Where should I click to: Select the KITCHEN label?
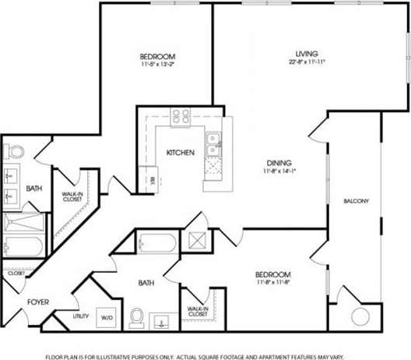[181, 153]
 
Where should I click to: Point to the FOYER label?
[39, 302]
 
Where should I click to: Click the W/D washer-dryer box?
[106, 317]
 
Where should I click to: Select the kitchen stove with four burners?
[181, 117]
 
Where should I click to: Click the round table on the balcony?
[360, 317]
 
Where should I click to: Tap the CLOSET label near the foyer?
[16, 274]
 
